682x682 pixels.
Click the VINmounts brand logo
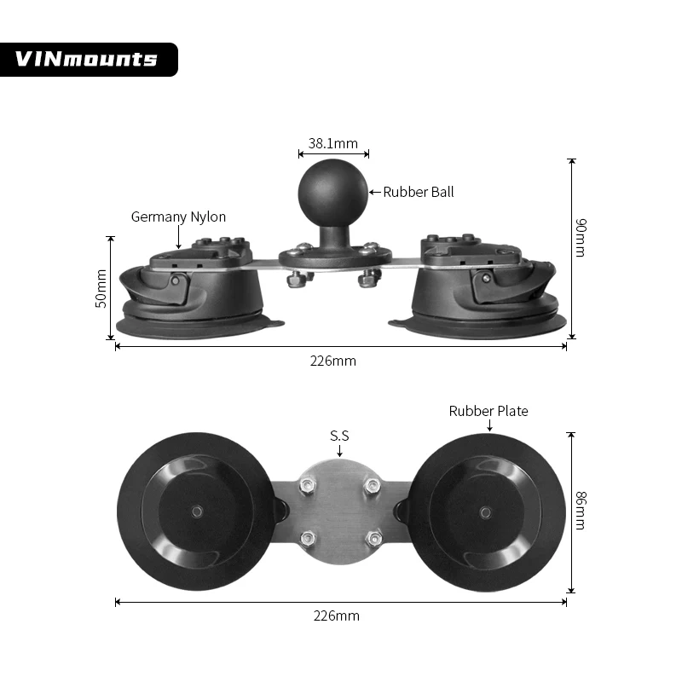click(87, 59)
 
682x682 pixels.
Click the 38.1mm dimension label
click(333, 144)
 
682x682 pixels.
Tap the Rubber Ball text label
click(418, 192)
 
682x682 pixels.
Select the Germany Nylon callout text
click(178, 217)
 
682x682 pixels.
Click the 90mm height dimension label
click(580, 238)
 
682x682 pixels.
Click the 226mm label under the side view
click(332, 361)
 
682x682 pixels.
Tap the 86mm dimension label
click(580, 511)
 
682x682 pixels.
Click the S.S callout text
click(339, 436)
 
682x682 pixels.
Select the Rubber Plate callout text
click(488, 411)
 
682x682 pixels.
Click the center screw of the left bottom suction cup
click(197, 511)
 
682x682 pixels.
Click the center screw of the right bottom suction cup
click(486, 511)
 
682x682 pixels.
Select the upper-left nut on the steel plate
click(308, 485)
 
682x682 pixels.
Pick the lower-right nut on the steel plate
click(372, 539)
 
